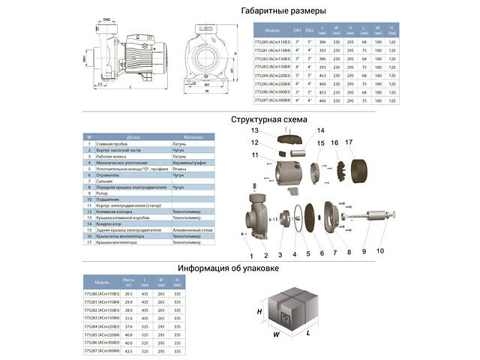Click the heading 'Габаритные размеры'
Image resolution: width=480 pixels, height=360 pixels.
click(x=283, y=11)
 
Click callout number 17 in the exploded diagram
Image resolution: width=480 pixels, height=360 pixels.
click(x=348, y=142)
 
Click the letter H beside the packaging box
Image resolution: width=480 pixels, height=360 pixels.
click(x=259, y=311)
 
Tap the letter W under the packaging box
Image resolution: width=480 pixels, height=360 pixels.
click(x=277, y=334)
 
